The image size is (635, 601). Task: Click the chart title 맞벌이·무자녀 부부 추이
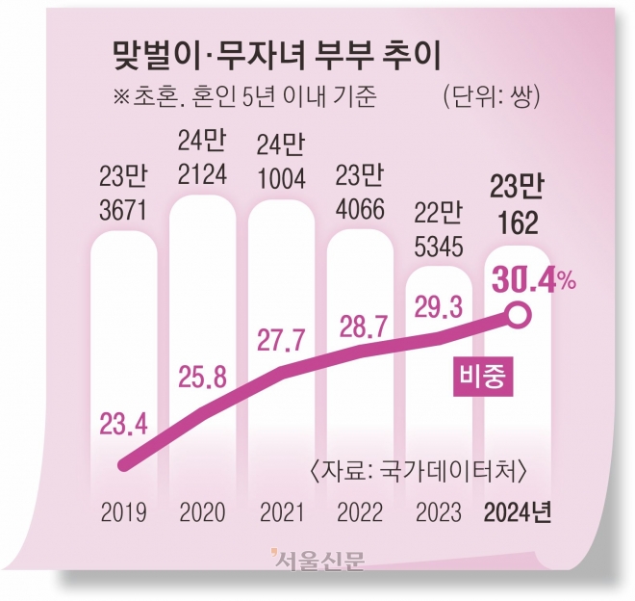click(277, 57)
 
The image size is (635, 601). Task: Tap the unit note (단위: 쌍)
click(491, 96)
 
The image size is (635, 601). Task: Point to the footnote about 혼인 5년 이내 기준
click(238, 96)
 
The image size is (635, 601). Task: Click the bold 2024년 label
click(520, 510)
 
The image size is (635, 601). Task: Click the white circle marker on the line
click(519, 314)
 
